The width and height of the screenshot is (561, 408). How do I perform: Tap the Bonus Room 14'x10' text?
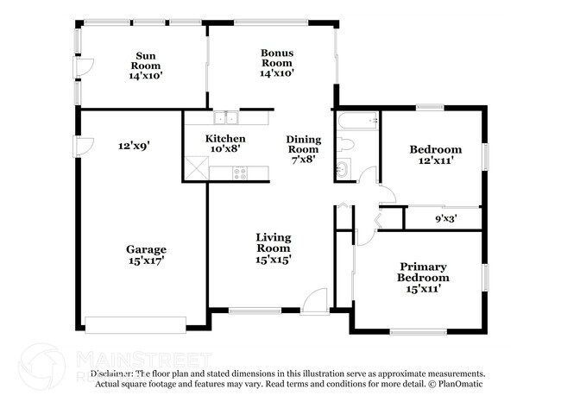(x=277, y=63)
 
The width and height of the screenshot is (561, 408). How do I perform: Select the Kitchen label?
(x=224, y=143)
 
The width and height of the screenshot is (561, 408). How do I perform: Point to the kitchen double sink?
(x=226, y=119)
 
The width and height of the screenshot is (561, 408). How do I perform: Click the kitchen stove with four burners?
(x=240, y=173)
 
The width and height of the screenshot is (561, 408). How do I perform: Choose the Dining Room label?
(x=303, y=148)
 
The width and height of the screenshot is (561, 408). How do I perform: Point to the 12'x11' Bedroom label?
(x=435, y=155)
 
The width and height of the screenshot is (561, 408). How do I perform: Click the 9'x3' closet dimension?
(x=445, y=219)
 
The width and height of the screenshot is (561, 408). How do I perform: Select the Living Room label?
(x=273, y=248)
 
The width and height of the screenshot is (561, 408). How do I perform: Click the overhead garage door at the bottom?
(x=135, y=324)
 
